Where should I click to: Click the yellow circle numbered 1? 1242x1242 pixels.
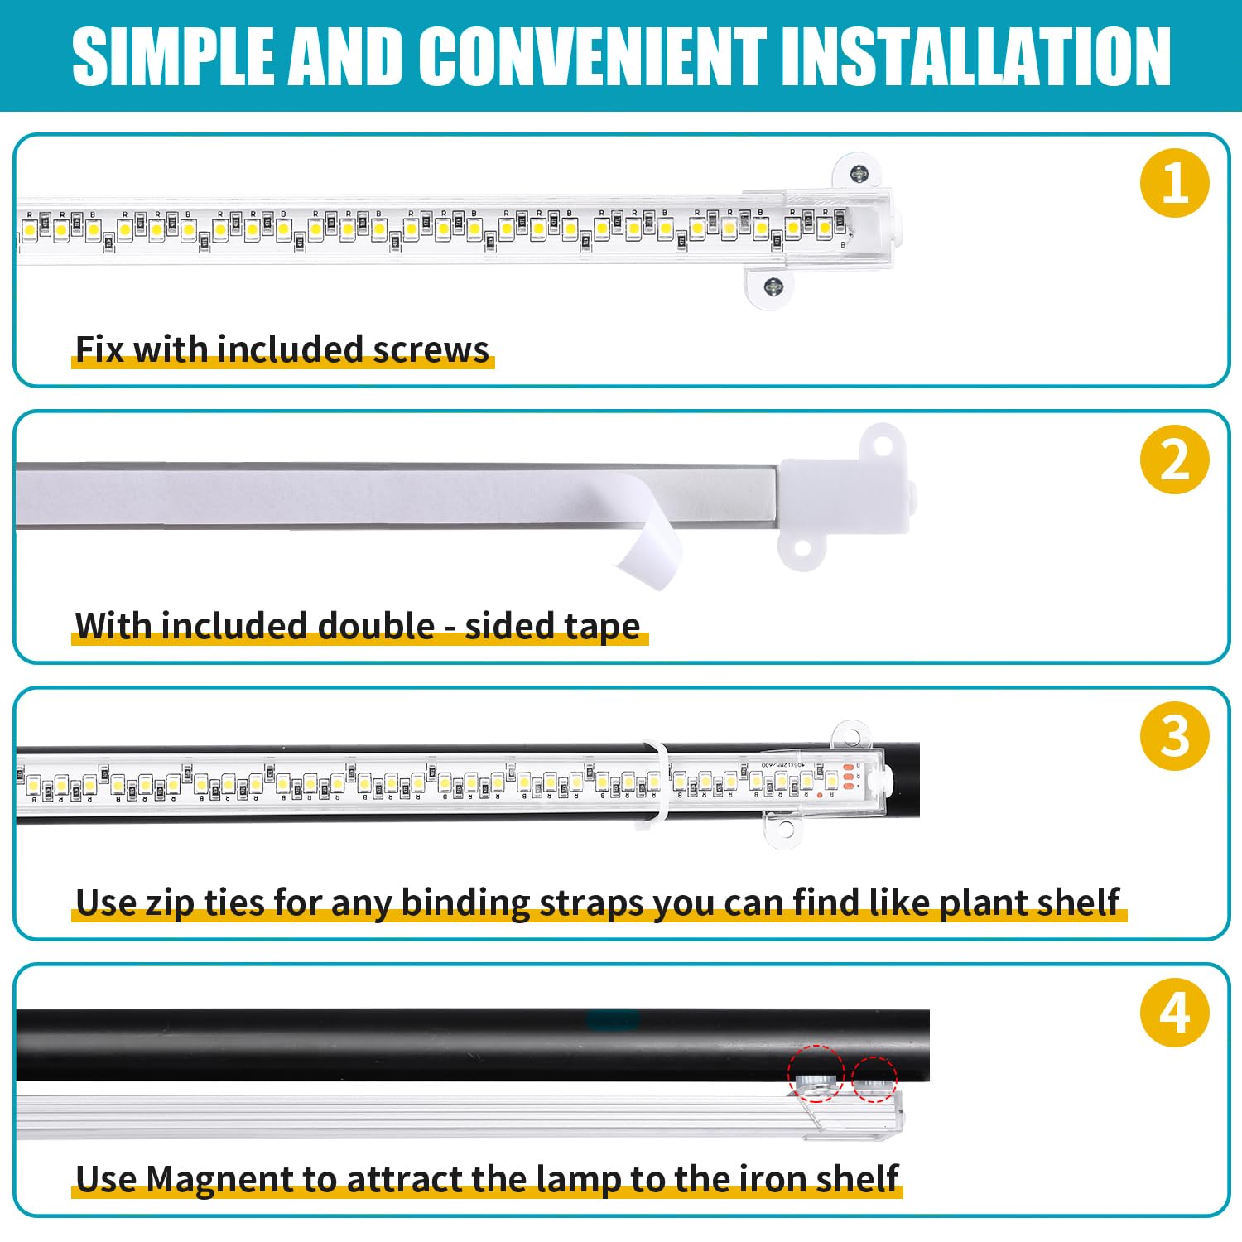(x=1174, y=183)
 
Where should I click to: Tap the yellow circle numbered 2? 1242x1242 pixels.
(x=1174, y=460)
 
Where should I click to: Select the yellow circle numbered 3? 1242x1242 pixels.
(x=1174, y=736)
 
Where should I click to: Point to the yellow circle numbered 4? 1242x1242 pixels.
(x=1174, y=1012)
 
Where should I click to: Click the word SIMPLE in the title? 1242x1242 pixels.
(x=172, y=56)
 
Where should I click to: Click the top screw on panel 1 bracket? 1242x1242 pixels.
(x=860, y=173)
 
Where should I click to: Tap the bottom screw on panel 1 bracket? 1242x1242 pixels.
(x=773, y=286)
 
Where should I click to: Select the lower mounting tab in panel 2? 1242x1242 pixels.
(x=802, y=550)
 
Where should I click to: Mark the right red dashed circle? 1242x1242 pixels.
(x=874, y=1078)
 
